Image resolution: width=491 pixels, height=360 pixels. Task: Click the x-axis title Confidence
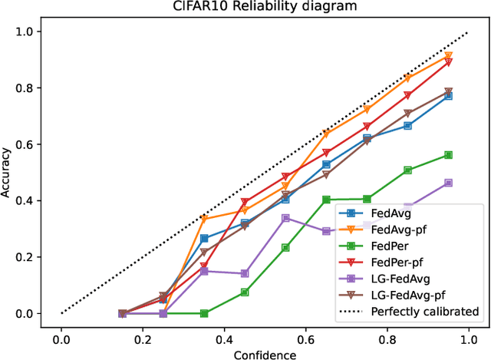[x=265, y=353]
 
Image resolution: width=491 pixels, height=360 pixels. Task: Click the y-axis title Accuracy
[x=8, y=173]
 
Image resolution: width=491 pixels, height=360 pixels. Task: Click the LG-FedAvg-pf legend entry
[x=406, y=295]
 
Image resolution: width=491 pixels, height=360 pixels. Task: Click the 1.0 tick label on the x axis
[x=469, y=338]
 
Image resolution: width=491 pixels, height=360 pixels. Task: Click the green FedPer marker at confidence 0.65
[x=326, y=200]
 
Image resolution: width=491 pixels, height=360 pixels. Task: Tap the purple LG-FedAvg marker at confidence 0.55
[x=285, y=218]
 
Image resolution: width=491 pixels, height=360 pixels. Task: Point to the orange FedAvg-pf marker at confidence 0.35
[x=204, y=220]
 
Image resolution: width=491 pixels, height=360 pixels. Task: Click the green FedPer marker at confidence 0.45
[x=245, y=292]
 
